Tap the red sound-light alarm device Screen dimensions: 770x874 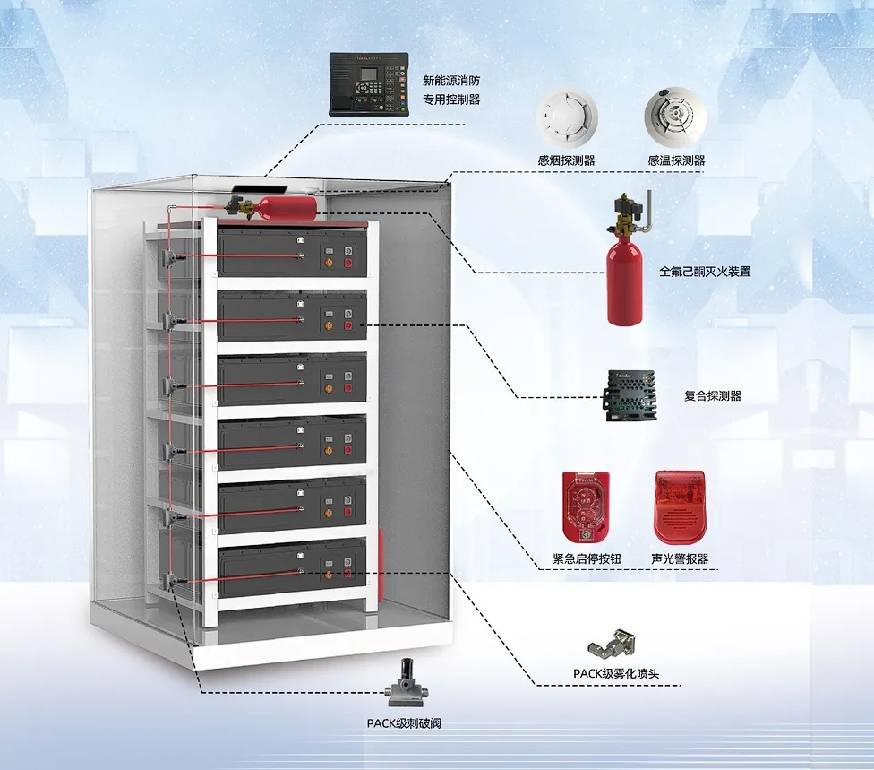(681, 506)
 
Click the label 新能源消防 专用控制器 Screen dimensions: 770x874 (451, 90)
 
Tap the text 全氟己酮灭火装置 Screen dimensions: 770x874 (705, 271)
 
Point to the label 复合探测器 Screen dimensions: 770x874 (712, 395)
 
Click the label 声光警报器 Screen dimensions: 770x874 (680, 558)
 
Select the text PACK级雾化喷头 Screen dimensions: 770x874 (616, 673)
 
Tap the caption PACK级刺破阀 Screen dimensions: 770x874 (404, 722)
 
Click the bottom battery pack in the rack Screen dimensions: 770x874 (291, 569)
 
